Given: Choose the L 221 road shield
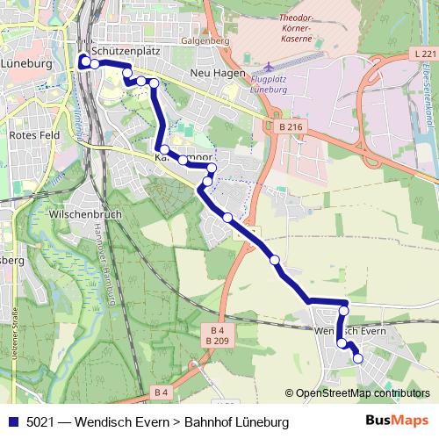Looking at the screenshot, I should click(422, 54).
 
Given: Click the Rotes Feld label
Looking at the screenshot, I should click(32, 135).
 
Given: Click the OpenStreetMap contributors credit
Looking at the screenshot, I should click(362, 393).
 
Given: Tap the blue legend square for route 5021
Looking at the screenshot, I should click(12, 422).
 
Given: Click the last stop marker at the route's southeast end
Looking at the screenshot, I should click(357, 358).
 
